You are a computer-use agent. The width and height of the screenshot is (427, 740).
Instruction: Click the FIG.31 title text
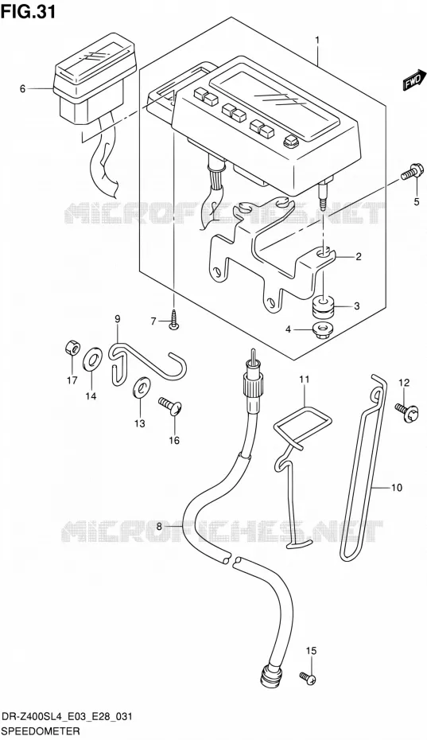(29, 11)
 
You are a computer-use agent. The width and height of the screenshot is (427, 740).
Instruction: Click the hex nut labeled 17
(72, 349)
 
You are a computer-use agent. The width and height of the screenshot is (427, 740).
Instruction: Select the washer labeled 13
(141, 387)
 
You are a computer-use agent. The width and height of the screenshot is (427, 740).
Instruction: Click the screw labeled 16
(171, 406)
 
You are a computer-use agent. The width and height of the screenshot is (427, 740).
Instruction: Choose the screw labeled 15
(308, 678)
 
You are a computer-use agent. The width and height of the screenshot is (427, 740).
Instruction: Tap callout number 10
(397, 487)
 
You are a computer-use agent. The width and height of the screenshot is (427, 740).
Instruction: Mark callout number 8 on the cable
(159, 527)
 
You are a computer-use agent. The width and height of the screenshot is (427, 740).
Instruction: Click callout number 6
(22, 88)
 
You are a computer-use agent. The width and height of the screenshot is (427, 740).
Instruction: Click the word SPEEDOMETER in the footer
(40, 731)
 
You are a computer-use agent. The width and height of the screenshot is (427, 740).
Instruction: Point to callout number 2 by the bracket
(359, 257)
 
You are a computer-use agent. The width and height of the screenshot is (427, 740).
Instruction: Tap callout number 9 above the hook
(117, 319)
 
